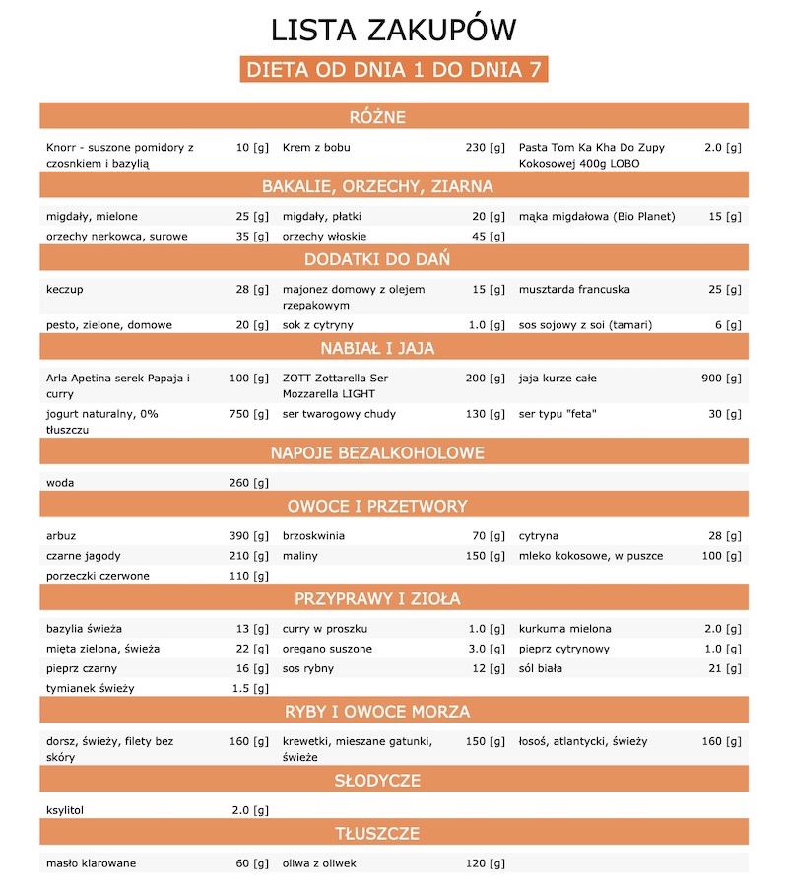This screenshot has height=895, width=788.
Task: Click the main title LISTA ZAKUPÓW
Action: pyautogui.click(x=393, y=29)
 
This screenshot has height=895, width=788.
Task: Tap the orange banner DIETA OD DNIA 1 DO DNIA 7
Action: pyautogui.click(x=393, y=70)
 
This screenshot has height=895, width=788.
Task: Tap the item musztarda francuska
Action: pyautogui.click(x=574, y=290)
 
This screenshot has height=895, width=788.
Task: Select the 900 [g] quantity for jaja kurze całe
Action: pyautogui.click(x=721, y=379)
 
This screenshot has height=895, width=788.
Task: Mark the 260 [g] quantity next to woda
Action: pyautogui.click(x=248, y=483)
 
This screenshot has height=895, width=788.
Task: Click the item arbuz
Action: pyautogui.click(x=61, y=536)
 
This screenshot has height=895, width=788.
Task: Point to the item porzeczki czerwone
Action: pyautogui.click(x=98, y=576)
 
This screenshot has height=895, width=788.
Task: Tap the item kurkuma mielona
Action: pyautogui.click(x=564, y=629)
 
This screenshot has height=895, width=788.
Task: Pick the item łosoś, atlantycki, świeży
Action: pyautogui.click(x=583, y=741)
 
